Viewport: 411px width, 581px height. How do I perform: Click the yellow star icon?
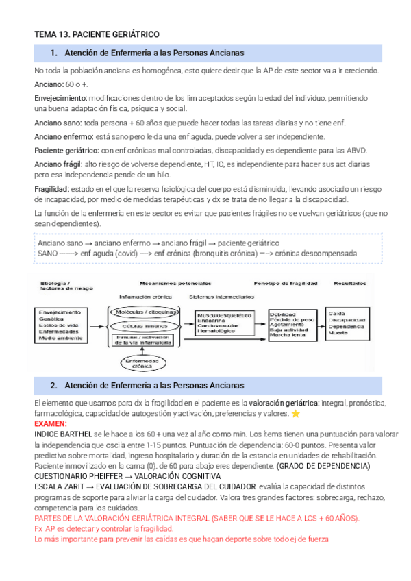pos(296,414)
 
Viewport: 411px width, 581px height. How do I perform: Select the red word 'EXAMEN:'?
pos(50,424)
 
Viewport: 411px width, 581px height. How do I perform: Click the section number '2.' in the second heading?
pos(54,386)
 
